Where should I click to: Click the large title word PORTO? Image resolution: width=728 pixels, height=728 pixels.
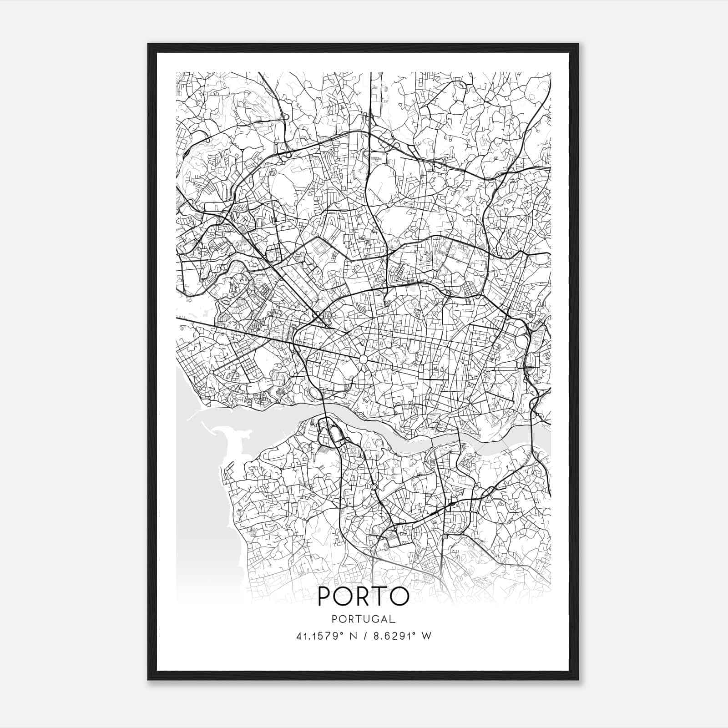coord(363,596)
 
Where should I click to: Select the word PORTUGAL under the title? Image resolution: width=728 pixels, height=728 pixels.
coord(363,619)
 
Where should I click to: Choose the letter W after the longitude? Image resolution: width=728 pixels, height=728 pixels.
coord(426,636)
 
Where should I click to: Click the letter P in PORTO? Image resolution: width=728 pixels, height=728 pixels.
coord(325,596)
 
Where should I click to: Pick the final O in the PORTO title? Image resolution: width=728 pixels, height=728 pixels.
coord(399,596)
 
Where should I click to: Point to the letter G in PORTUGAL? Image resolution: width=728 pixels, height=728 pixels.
coord(372,619)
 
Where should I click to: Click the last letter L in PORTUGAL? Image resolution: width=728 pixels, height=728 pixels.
coord(393,619)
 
